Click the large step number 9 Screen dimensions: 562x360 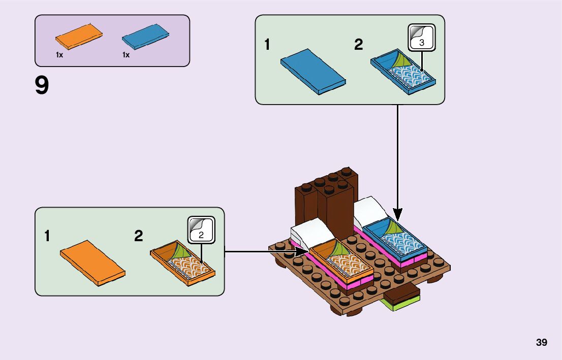(42, 86)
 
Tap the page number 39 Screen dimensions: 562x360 (541, 342)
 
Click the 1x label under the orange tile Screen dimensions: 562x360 (59, 55)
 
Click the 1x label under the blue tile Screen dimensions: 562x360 (126, 55)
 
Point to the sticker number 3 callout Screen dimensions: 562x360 (422, 39)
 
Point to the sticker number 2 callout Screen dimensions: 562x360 (201, 231)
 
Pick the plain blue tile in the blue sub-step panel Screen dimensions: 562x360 (313, 71)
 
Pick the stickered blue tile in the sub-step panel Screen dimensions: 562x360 (403, 74)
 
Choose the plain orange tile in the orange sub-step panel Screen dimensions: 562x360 (92, 263)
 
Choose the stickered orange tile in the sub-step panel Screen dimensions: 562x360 (183, 263)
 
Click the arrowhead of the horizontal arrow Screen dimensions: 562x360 (303, 251)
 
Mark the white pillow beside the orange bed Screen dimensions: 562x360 (311, 232)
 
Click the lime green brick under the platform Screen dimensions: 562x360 (401, 304)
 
